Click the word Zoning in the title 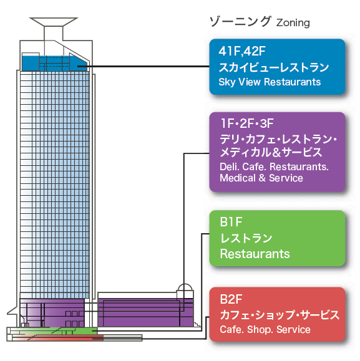pyautogui.click(x=293, y=23)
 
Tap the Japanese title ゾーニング pyautogui.click(x=240, y=22)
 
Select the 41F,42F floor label pyautogui.click(x=242, y=51)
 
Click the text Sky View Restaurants pyautogui.click(x=270, y=82)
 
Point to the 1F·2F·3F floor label pyautogui.click(x=247, y=123)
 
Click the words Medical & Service pyautogui.click(x=261, y=178)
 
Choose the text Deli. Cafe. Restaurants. pyautogui.click(x=274, y=166)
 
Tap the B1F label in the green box pyautogui.click(x=231, y=222)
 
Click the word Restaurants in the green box pyautogui.click(x=255, y=254)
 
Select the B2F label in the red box pyautogui.click(x=231, y=299)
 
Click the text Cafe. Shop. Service pyautogui.click(x=265, y=329)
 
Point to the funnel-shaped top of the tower pyautogui.click(x=54, y=22)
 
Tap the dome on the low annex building pyautogui.click(x=185, y=288)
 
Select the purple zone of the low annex pyautogui.click(x=145, y=312)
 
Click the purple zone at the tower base pyautogui.click(x=52, y=313)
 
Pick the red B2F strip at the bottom pyautogui.click(x=57, y=338)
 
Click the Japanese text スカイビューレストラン pyautogui.click(x=274, y=67)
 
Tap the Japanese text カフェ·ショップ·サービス pyautogui.click(x=280, y=315)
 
